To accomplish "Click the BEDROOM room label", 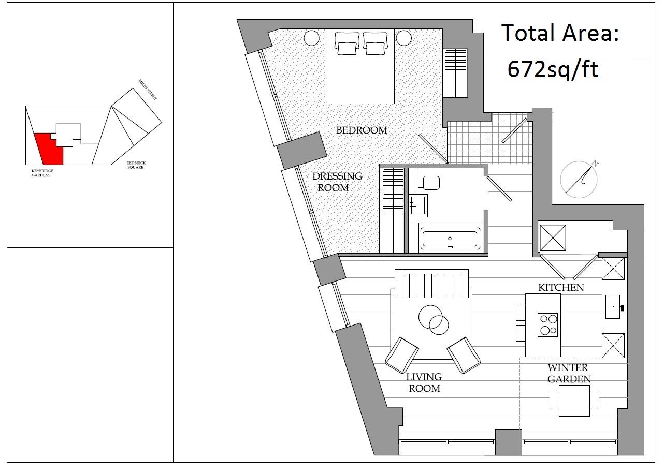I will click(362, 130).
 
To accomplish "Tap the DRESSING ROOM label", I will click(337, 182).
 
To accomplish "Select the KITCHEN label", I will click(561, 287).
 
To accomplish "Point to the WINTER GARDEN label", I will click(568, 373).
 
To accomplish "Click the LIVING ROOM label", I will click(424, 382).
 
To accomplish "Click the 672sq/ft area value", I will click(553, 68).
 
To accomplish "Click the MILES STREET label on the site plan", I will click(148, 90).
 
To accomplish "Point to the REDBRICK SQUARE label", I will click(136, 165).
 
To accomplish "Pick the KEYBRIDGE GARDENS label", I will click(42, 173).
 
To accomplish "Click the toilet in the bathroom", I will click(430, 182).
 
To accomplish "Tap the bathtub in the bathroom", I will click(449, 239).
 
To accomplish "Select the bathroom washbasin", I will click(418, 205).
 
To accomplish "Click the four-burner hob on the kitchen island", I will click(548, 324).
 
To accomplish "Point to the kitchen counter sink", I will click(614, 307).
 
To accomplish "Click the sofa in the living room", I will click(431, 284).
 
